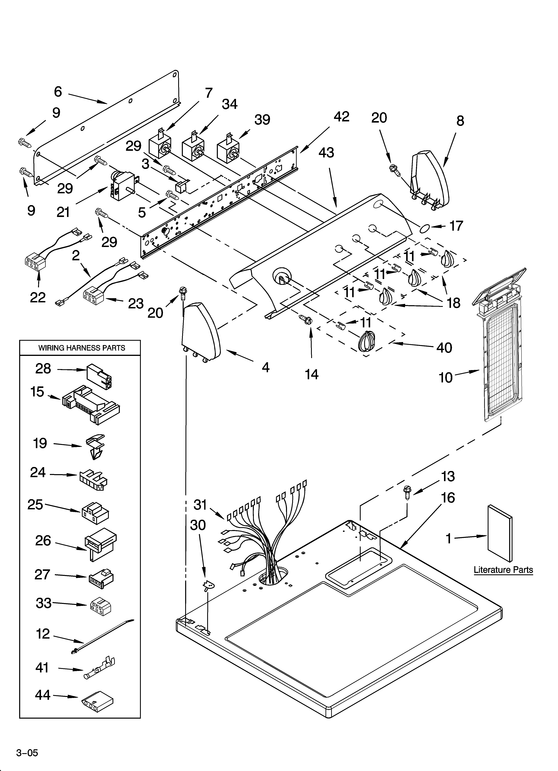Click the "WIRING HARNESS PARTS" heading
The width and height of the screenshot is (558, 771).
[x=81, y=348]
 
